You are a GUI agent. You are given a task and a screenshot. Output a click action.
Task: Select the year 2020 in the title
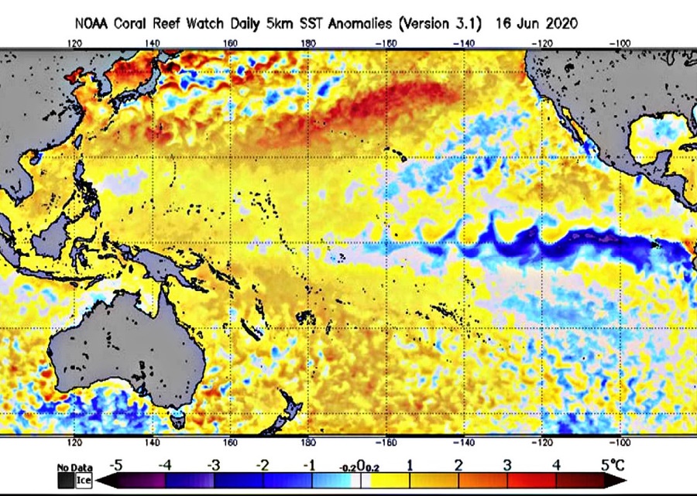coord(559,24)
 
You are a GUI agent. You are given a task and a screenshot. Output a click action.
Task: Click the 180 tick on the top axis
coord(308,44)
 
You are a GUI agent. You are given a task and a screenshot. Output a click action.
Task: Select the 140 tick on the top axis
coord(152,44)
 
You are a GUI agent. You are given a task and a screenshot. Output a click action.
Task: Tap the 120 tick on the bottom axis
coord(74,443)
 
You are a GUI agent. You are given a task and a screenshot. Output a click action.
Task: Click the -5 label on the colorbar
coord(115,466)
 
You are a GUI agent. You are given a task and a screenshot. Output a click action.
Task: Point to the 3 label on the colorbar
coord(506,466)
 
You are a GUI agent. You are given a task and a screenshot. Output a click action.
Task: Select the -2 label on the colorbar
coord(263,466)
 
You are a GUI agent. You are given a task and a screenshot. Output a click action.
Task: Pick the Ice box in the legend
coord(83,480)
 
